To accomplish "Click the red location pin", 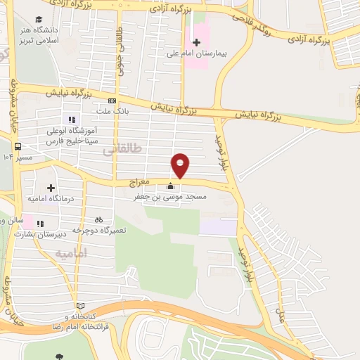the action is click(x=181, y=165).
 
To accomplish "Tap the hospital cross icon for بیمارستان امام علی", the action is click(x=197, y=41).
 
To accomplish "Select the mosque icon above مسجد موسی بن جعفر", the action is click(x=170, y=186).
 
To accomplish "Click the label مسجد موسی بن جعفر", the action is click(x=170, y=198).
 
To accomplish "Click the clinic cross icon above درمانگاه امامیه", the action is click(x=51, y=188).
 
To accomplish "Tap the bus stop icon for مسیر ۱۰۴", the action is click(x=18, y=146).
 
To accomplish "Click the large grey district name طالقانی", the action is click(x=122, y=149).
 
